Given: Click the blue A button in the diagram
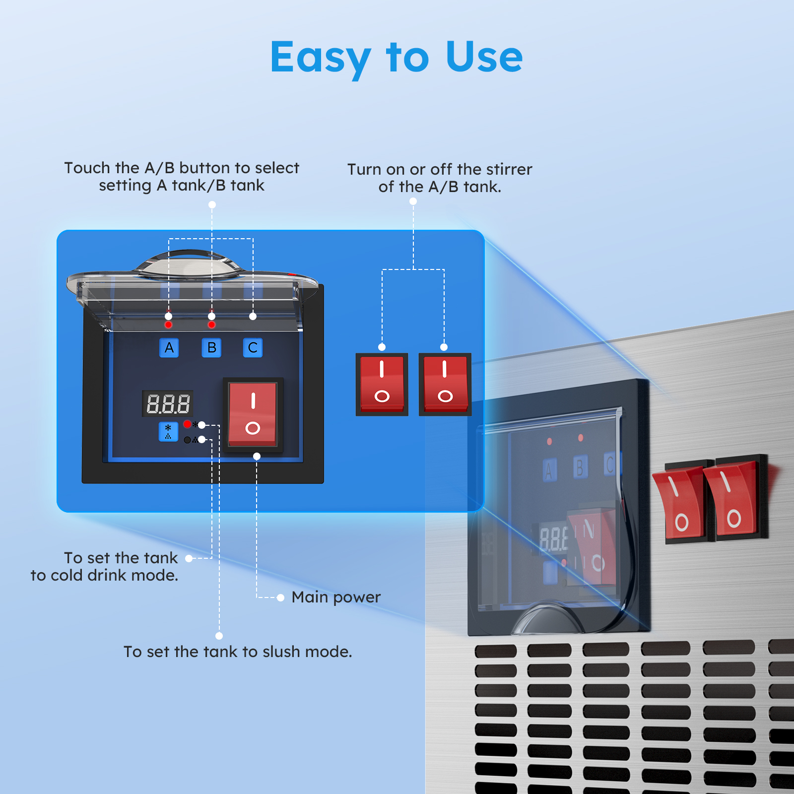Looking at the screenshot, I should [x=169, y=348].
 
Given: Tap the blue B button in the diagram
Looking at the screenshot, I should [x=211, y=348].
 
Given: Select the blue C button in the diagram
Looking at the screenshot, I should [x=253, y=348].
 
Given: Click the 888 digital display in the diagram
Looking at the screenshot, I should [x=168, y=404].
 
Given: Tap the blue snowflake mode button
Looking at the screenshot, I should [x=168, y=431].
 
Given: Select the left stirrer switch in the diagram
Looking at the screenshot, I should [x=382, y=384].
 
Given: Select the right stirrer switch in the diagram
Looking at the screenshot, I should [x=445, y=384].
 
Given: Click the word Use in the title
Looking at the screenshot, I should [x=484, y=57].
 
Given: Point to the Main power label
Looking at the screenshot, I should [x=336, y=597].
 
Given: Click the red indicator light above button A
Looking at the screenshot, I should [x=169, y=325].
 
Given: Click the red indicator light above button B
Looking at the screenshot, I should [x=212, y=325].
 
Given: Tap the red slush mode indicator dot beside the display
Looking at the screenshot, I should [x=187, y=424].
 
